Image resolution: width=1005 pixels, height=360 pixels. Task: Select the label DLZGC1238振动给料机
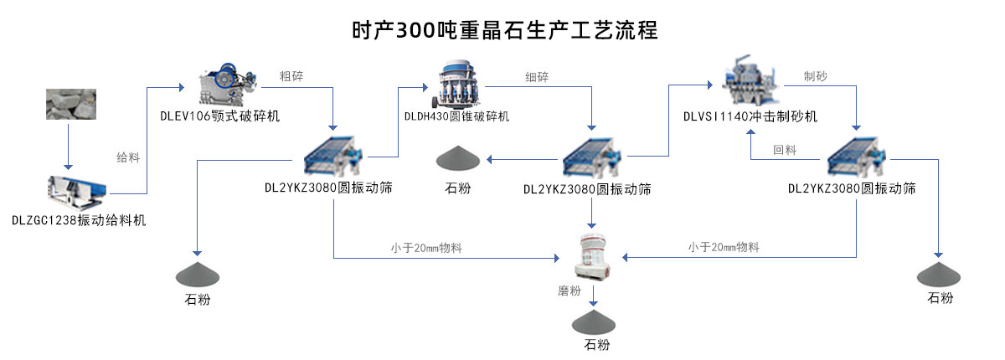79,220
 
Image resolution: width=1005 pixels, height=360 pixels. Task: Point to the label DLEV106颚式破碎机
220,116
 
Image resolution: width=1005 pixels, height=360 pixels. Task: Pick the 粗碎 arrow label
291,77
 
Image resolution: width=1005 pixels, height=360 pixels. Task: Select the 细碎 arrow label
537,78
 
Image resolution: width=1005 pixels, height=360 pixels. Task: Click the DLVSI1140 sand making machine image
747,81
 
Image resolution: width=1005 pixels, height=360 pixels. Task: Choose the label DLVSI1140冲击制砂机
750,116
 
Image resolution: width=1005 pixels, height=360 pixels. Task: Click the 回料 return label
785,150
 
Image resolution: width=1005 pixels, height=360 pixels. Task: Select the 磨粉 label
569,291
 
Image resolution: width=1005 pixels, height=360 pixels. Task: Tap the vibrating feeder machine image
76,191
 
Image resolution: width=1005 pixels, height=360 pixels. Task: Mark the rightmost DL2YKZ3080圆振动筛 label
852,188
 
